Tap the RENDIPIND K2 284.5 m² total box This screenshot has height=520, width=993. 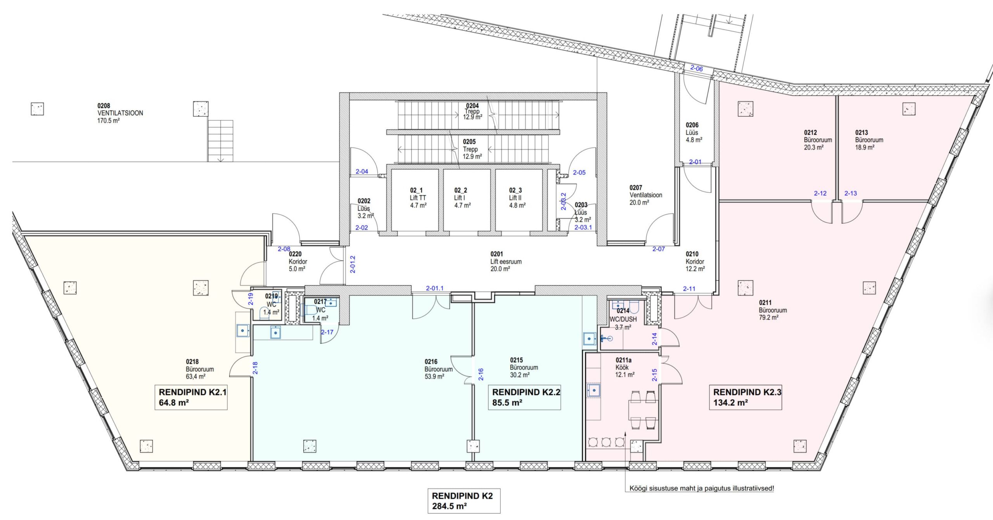[x=464, y=501]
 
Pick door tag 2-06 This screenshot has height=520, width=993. [x=696, y=69]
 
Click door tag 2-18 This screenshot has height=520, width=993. [x=255, y=368]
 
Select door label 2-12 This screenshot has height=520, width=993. [x=820, y=193]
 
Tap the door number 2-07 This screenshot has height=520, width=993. [x=658, y=249]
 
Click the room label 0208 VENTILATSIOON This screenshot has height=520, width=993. [x=120, y=113]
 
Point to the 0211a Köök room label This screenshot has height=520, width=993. [x=625, y=367]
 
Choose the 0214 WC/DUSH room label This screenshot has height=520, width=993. [x=623, y=319]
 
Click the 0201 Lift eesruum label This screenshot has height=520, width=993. [x=505, y=261]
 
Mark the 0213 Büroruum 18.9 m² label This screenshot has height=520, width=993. [x=869, y=140]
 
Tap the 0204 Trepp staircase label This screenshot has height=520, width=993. [x=472, y=111]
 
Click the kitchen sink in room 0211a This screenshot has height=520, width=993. [x=593, y=390]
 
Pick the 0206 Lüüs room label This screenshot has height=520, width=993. [x=694, y=132]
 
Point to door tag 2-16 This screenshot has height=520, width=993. [x=481, y=374]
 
